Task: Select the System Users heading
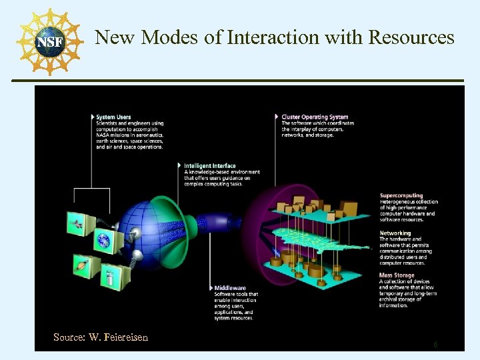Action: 113,117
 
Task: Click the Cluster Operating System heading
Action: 315,117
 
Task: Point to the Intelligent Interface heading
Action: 210,166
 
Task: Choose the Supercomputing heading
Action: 401,195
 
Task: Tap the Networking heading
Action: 395,233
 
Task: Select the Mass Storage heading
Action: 396,275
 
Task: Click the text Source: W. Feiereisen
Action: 101,337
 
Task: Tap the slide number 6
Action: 435,345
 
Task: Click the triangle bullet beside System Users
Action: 93,117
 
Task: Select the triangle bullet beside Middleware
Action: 211,288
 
